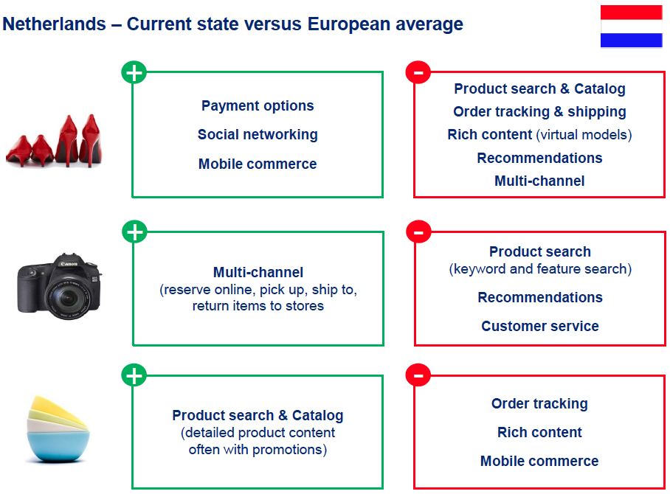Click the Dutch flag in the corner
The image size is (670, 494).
(x=631, y=26)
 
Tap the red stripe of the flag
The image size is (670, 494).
(x=631, y=13)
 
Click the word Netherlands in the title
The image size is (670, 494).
(x=55, y=24)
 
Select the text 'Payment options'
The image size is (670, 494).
(x=258, y=106)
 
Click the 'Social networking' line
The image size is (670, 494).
(x=258, y=134)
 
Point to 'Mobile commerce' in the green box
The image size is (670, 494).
(x=258, y=164)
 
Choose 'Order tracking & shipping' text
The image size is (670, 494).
(x=539, y=112)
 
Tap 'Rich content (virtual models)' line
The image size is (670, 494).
(x=539, y=135)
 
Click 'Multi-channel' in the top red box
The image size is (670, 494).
(x=539, y=181)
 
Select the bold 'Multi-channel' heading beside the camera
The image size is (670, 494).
(x=258, y=272)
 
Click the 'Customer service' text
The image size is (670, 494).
(x=540, y=326)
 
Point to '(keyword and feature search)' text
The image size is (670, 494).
(x=540, y=269)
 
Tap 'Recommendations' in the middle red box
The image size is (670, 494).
(x=540, y=297)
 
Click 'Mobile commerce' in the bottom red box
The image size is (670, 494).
(x=539, y=461)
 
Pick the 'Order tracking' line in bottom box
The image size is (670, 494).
(x=539, y=404)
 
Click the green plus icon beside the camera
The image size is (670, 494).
(x=134, y=232)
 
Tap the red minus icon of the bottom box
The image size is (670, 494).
(x=418, y=375)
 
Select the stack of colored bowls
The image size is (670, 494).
(x=58, y=428)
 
